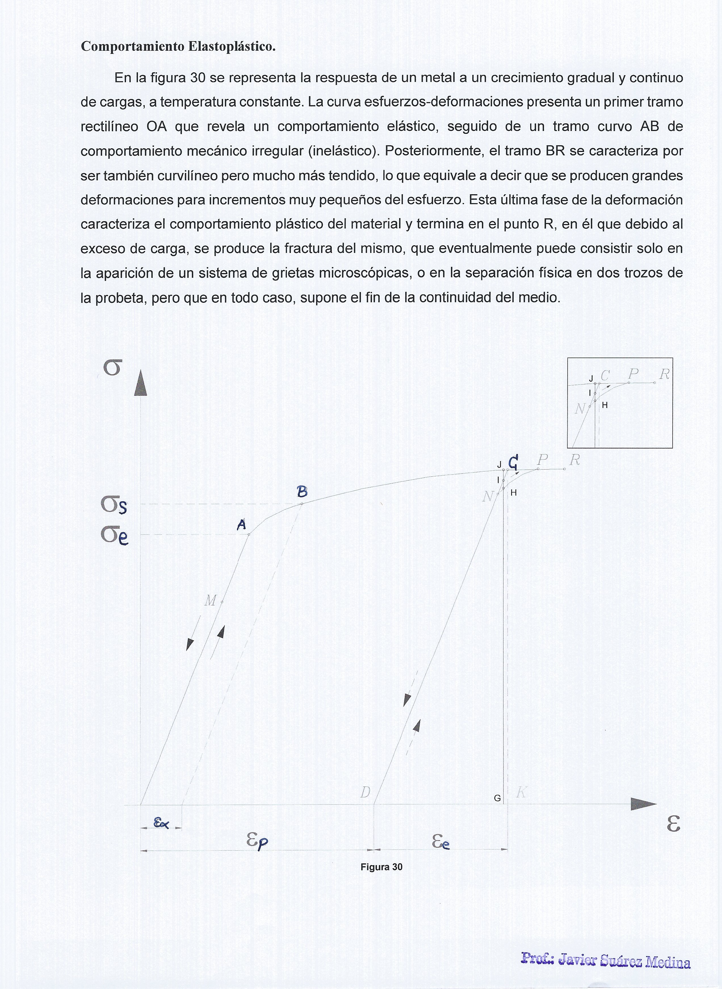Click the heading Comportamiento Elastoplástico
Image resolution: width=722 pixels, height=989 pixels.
[178, 46]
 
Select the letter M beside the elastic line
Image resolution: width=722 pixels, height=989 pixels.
[210, 601]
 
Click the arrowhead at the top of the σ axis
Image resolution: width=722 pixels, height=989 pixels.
[140, 383]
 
